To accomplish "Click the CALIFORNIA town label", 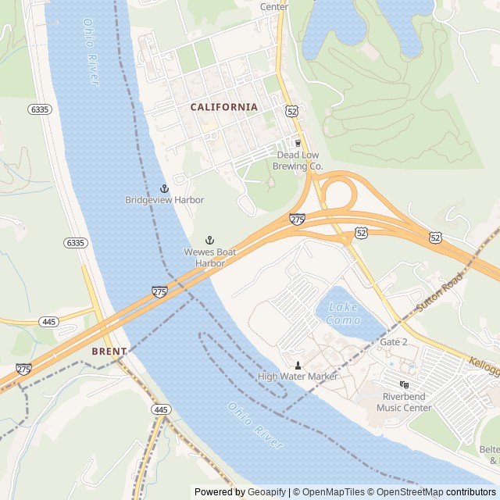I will (223, 107).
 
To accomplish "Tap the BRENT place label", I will (109, 352).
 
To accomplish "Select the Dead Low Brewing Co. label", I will (299, 160).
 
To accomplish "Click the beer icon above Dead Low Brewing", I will (297, 143).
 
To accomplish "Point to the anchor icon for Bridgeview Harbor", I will (164, 188).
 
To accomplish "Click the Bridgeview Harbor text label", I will (164, 200).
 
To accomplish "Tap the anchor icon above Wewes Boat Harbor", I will (209, 240).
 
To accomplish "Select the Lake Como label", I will (344, 313).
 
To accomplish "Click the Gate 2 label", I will (394, 342).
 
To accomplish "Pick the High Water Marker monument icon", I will (298, 365).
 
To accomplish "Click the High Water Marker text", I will (298, 377).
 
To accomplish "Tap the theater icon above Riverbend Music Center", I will (404, 384).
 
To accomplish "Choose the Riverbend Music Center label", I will (404, 402).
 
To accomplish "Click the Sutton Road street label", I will (440, 293).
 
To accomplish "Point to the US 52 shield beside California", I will (291, 112).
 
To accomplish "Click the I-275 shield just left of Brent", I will (23, 369).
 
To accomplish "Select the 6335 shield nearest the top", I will (40, 109).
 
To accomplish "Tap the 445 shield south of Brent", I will (161, 409).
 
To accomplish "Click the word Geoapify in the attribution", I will (267, 492).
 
